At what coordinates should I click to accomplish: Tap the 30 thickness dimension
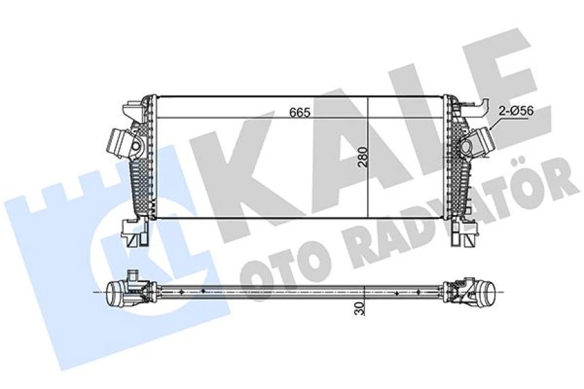click(x=359, y=308)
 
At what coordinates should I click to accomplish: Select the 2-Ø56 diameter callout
click(x=515, y=110)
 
